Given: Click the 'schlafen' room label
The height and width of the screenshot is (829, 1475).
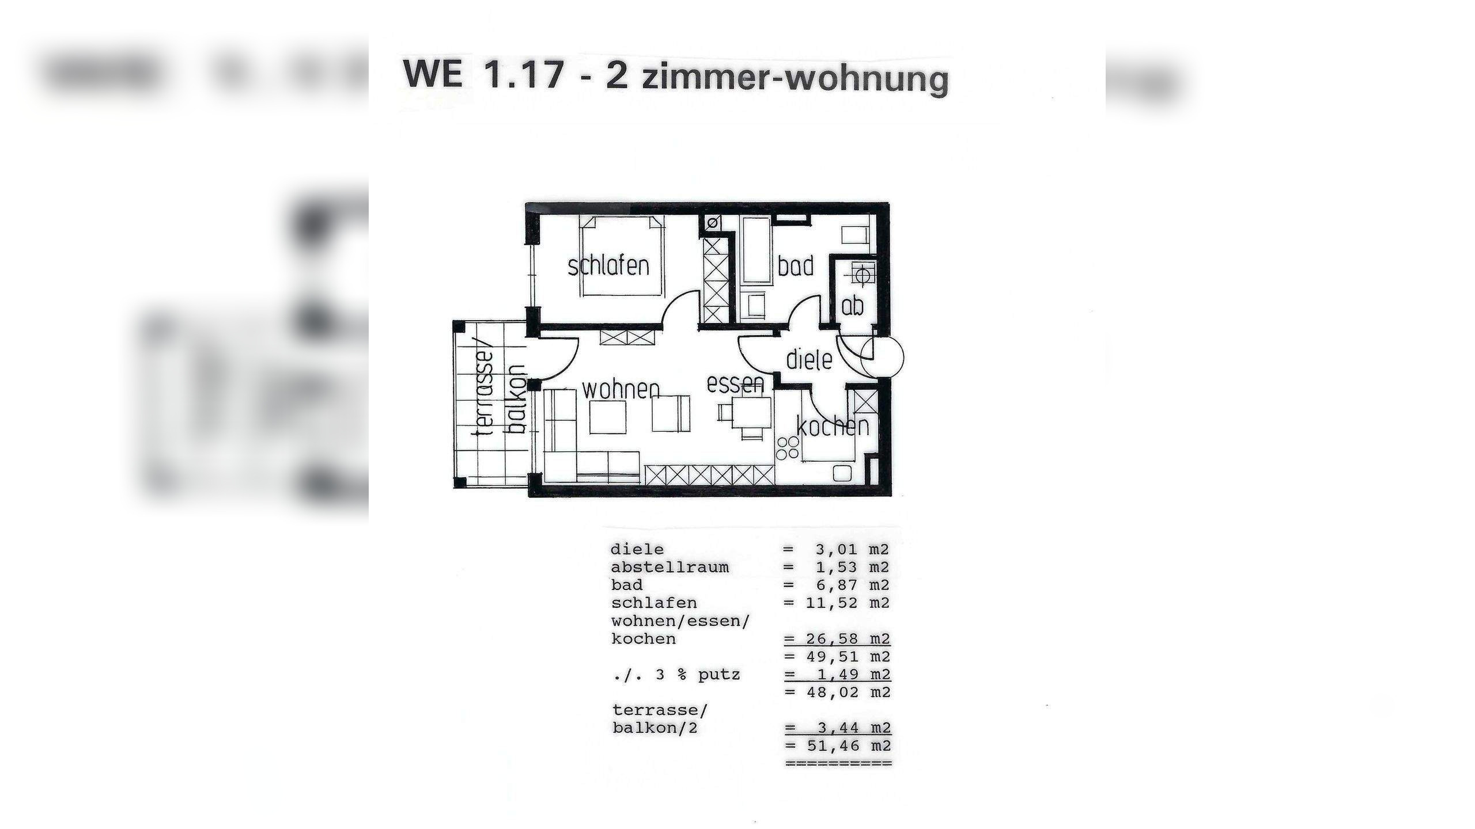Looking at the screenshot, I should [608, 267].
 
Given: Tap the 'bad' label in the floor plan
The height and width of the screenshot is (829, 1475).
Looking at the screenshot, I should [795, 267].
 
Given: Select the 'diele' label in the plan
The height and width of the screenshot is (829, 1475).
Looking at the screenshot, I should [809, 360].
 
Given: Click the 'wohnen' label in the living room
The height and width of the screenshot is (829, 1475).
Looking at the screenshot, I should [621, 390].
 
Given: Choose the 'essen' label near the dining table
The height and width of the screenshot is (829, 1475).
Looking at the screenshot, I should [735, 384].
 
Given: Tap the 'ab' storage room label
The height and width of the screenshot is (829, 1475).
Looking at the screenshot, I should [852, 306].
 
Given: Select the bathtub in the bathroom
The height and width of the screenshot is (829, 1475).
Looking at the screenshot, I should [757, 252].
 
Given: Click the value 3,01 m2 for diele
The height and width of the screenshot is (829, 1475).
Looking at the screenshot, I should [852, 549].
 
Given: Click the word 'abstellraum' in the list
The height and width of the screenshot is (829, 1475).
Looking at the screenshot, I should [670, 567].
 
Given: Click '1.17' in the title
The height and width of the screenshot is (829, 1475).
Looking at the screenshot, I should [524, 75].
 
